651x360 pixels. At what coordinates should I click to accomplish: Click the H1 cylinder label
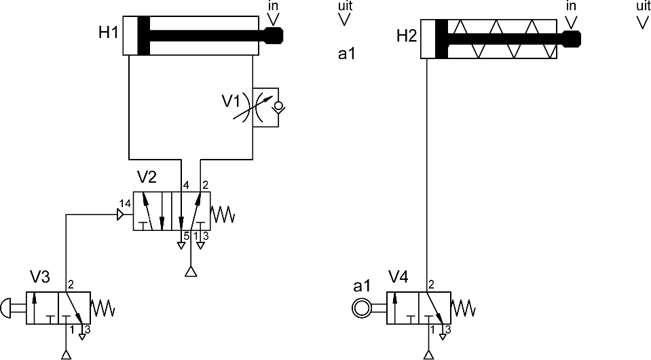(109, 33)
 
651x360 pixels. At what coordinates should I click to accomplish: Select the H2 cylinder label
(407, 36)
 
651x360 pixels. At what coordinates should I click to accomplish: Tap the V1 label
(231, 101)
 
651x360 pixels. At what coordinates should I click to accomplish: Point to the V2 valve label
(147, 177)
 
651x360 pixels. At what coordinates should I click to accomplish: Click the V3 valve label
(40, 276)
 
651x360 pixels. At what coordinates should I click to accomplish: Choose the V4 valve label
(398, 276)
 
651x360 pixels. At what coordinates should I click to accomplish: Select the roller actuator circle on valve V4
(361, 308)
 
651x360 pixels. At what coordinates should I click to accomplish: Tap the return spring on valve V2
(223, 215)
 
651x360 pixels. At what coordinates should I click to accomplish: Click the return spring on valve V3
(103, 308)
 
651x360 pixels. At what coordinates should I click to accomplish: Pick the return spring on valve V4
(464, 308)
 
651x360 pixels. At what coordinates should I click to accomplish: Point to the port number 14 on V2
(125, 204)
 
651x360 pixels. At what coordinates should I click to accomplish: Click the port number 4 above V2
(186, 185)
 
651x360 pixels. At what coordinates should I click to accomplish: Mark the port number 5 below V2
(187, 236)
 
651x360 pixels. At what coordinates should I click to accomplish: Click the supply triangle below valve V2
(191, 272)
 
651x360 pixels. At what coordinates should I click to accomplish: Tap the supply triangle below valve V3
(66, 355)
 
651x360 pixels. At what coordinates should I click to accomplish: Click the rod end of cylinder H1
(274, 35)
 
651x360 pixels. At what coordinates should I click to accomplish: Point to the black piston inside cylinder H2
(441, 39)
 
